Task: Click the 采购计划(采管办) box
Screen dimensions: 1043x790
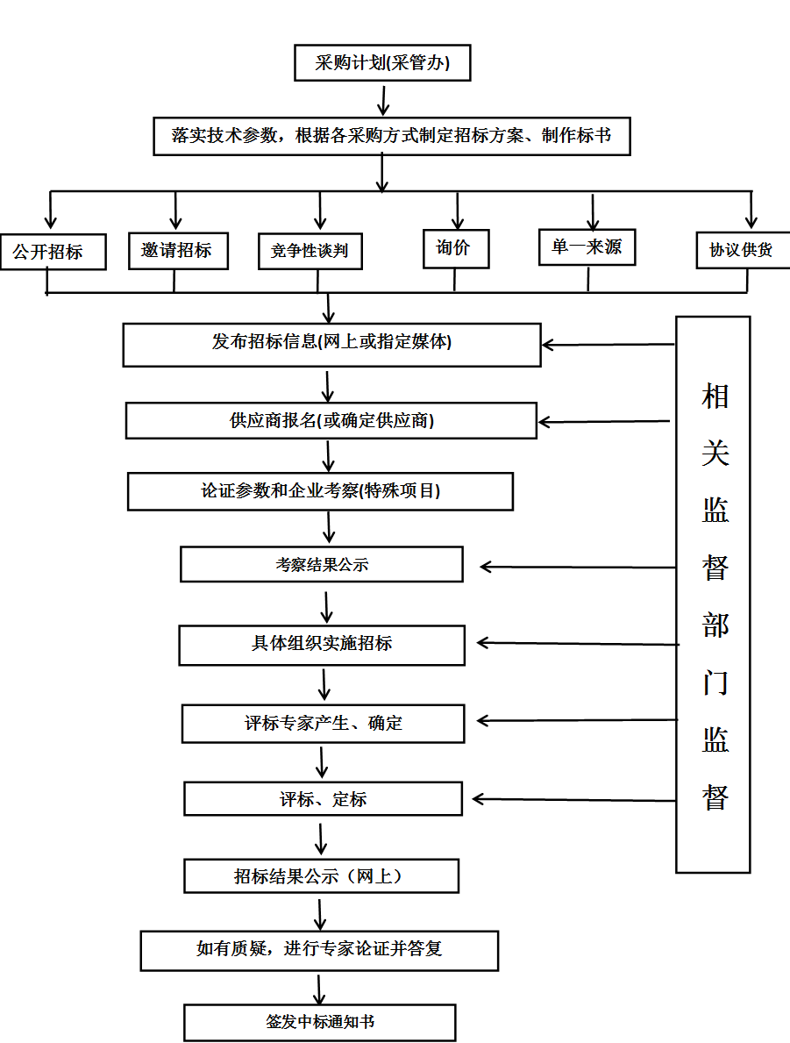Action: (382, 63)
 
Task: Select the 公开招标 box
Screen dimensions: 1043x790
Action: (53, 252)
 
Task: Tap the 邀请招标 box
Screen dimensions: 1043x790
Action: (178, 250)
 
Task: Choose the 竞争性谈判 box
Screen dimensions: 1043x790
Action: (310, 251)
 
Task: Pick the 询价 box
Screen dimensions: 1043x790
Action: (455, 248)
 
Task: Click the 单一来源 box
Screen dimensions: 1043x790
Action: (587, 247)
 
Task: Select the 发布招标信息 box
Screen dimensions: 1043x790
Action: (331, 344)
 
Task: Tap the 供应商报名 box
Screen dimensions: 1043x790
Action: (331, 420)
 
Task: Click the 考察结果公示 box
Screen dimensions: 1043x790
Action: (321, 564)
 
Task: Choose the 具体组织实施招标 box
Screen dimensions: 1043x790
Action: (321, 645)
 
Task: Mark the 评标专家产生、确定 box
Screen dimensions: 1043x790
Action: (323, 724)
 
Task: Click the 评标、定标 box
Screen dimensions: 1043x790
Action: (323, 799)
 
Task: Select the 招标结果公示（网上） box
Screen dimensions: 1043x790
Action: (321, 875)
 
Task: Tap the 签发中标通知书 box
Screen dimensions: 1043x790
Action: (320, 1022)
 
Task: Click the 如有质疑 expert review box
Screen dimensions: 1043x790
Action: (319, 950)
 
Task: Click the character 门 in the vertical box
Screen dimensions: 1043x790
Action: (715, 683)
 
